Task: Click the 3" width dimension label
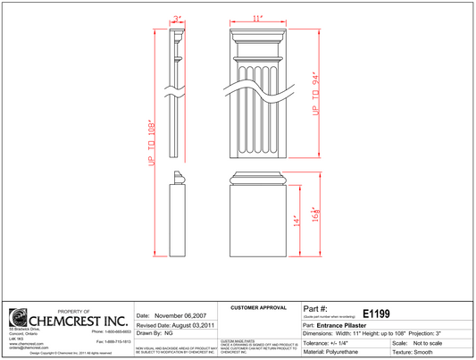coord(178,17)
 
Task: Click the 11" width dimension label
coord(256,17)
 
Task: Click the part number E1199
coord(379,314)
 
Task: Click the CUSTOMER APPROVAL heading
coord(257,307)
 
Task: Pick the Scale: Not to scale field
coord(418,342)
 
